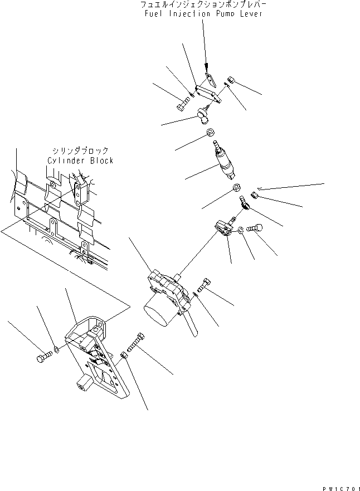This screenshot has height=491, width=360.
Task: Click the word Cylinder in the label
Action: [x=67, y=161]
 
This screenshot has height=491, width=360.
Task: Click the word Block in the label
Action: [x=102, y=161]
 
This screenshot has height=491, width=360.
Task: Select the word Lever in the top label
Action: [x=251, y=14]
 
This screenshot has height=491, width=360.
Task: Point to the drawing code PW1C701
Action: [x=341, y=488]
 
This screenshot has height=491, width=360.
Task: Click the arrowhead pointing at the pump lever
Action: [x=206, y=67]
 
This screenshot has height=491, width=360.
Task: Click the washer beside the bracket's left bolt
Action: [x=56, y=349]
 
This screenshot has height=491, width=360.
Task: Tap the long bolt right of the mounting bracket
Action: [x=136, y=342]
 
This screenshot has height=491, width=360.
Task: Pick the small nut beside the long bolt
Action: [x=123, y=355]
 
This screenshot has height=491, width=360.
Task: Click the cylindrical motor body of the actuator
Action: [x=158, y=312]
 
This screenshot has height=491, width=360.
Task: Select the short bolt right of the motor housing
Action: [x=204, y=284]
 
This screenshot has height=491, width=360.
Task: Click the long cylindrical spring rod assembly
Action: [x=223, y=161]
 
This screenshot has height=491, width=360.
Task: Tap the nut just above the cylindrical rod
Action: [x=210, y=133]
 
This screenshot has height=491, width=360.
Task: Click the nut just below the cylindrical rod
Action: [x=236, y=188]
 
